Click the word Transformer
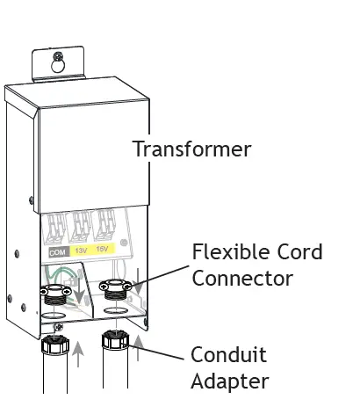tap(191, 149)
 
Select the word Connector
tap(242, 279)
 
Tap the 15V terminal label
tap(104, 250)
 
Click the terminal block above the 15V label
tap(104, 225)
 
